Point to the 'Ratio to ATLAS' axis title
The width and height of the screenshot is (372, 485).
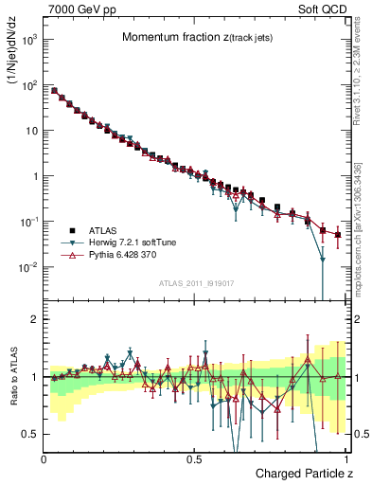pos(12,376)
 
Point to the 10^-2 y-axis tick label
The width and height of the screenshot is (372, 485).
pos(28,267)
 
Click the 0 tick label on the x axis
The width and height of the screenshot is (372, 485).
pos(44,458)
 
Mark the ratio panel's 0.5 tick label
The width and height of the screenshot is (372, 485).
pos(30,434)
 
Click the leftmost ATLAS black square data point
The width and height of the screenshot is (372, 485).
pos(54,91)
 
